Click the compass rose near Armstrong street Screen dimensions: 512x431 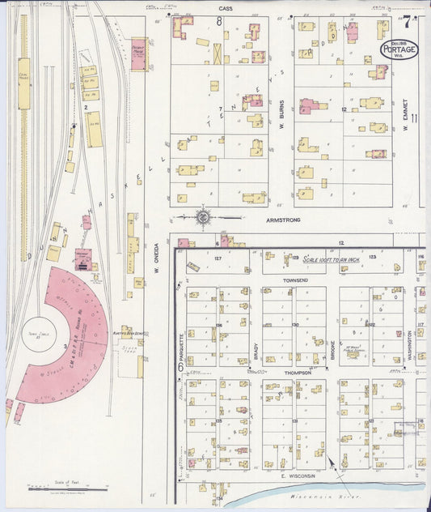[x=203, y=217]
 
